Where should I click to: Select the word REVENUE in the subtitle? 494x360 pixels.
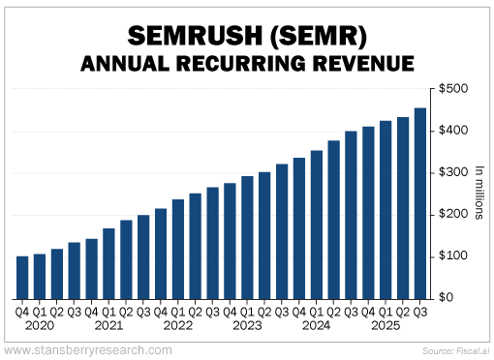tap(366, 64)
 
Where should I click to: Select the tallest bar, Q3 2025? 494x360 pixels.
tap(420, 202)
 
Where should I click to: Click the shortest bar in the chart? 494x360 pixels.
tap(22, 277)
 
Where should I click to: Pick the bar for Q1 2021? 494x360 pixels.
tap(108, 262)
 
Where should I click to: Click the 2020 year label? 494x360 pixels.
tap(39, 325)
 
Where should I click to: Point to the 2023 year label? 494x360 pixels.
tap(247, 325)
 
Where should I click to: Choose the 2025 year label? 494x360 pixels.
tap(386, 325)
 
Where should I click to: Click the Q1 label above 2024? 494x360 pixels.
tap(317, 312)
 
